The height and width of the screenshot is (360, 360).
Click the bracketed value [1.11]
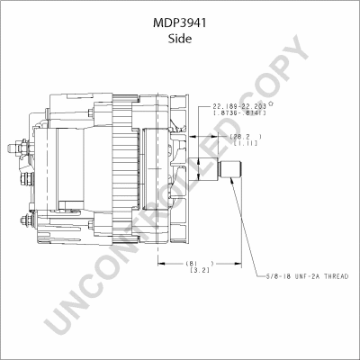245,144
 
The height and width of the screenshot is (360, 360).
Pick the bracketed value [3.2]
198,272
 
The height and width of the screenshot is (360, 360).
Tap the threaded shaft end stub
229,168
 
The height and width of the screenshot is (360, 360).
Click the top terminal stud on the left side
20,143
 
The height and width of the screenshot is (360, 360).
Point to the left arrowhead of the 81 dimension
161,264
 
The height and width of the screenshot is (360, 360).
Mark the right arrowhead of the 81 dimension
236,264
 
